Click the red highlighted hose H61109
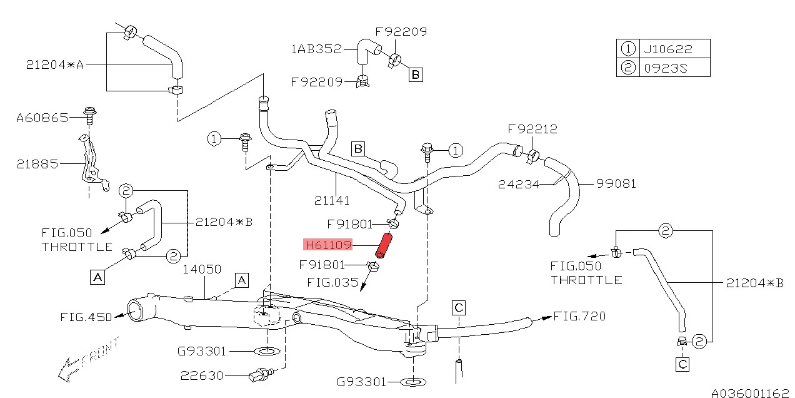[x=383, y=245]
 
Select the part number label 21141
[x=332, y=200]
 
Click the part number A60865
[x=42, y=117]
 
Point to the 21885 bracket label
[x=37, y=164]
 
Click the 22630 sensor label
[x=201, y=375]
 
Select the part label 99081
[x=616, y=183]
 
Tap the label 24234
[x=518, y=184]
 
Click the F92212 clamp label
[x=532, y=130]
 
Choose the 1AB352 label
[x=316, y=48]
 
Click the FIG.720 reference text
[x=579, y=316]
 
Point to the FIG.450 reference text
[x=86, y=317]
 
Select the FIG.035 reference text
[x=332, y=282]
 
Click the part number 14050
[x=202, y=269]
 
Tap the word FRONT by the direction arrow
[x=100, y=352]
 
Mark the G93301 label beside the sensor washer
[x=201, y=352]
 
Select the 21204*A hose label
[x=55, y=64]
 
